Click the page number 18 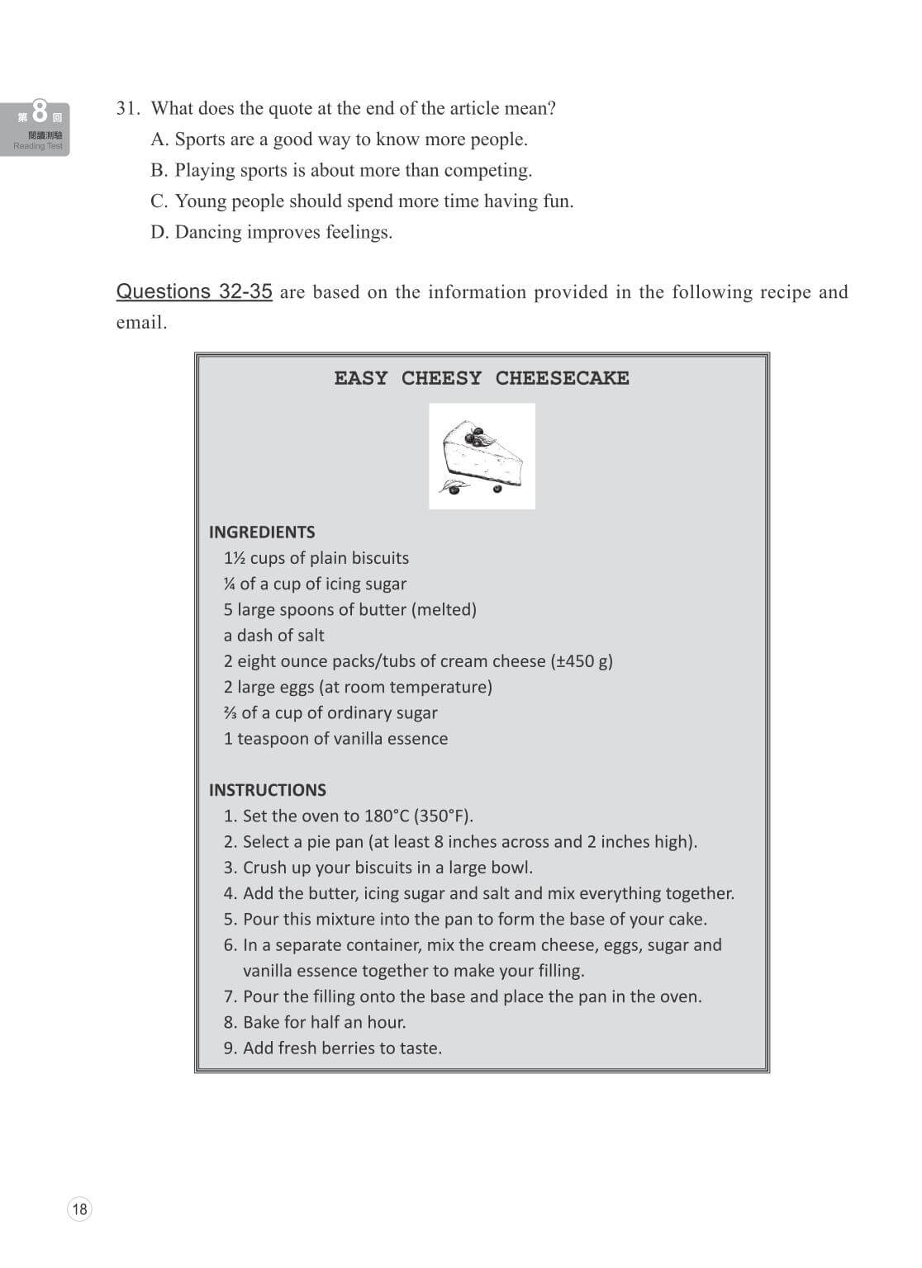click(79, 1209)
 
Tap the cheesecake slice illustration click(482, 455)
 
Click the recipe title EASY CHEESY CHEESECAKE click(482, 378)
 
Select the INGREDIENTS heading click(262, 532)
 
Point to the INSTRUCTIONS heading click(267, 790)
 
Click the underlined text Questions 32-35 click(194, 291)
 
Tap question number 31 click(129, 109)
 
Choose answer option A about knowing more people click(339, 140)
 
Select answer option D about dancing click(271, 232)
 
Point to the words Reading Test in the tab click(38, 146)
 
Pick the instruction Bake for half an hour click(324, 1022)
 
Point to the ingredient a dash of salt click(273, 636)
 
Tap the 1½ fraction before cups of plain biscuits click(234, 558)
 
